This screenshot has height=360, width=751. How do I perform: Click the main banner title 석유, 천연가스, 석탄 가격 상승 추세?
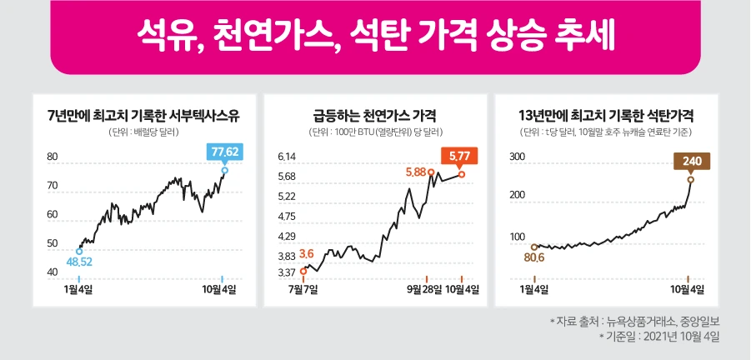coord(375,36)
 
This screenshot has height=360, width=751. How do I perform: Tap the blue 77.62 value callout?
coord(225,151)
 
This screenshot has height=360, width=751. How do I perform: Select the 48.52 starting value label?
coord(79,262)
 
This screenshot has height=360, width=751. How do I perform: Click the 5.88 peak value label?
coord(415,172)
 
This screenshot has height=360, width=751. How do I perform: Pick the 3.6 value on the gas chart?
coord(306,253)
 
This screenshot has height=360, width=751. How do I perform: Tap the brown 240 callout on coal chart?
coord(691,161)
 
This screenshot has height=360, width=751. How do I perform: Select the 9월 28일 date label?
coord(427,289)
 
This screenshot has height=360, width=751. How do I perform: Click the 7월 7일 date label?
coord(304,289)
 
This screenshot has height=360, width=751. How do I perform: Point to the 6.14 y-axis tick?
coord(288,157)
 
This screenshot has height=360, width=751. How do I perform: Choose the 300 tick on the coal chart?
coord(517,157)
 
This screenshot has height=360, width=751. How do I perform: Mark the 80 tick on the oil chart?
coord(52,157)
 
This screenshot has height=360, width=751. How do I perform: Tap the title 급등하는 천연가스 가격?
coord(375,115)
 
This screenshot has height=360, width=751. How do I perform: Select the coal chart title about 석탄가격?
coord(607,115)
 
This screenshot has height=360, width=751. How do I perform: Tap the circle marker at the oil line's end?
coord(224,170)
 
